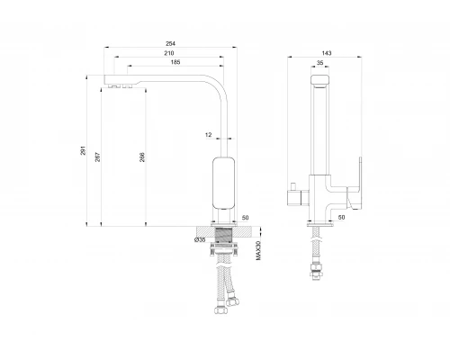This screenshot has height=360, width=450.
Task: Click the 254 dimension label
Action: point(170,44)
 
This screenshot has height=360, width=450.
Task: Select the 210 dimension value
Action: point(169,53)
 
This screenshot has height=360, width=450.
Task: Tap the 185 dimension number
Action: point(175,62)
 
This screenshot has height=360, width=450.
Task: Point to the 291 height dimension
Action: point(83,150)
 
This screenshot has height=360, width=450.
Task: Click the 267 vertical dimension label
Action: point(98,157)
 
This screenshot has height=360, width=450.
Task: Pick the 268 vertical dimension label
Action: point(142,157)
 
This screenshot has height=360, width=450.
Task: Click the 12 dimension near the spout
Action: point(208,135)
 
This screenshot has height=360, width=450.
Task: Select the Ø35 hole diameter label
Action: point(200,239)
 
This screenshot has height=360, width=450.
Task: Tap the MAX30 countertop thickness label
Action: point(259,250)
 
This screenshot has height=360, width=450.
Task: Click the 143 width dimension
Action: point(327,53)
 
